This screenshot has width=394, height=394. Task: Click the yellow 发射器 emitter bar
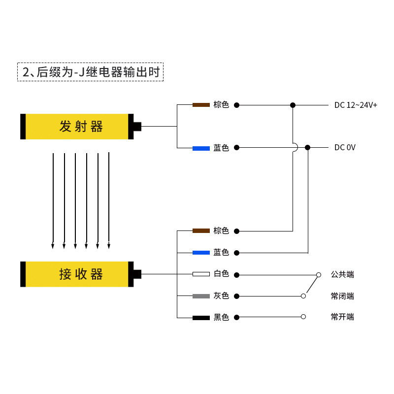76,127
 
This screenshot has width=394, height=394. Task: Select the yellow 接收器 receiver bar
76,274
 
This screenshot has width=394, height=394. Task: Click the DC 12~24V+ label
356,105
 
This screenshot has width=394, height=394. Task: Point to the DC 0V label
345,147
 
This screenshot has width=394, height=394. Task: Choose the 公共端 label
342,274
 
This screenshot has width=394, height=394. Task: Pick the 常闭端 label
342,296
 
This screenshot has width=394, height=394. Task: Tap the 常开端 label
342,317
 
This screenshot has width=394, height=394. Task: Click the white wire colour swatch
201,274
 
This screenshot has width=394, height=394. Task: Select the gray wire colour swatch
201,296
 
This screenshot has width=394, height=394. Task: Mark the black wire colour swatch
201,318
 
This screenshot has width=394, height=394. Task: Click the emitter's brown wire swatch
201,105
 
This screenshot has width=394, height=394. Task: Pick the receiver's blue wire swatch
201,253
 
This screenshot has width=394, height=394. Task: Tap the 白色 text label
221,274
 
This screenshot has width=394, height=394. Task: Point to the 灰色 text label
221,296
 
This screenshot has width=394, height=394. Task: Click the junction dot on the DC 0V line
308,147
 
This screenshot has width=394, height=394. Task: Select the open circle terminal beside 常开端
303,317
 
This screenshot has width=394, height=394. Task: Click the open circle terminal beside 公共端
319,274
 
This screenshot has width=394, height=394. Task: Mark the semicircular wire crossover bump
295,147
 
